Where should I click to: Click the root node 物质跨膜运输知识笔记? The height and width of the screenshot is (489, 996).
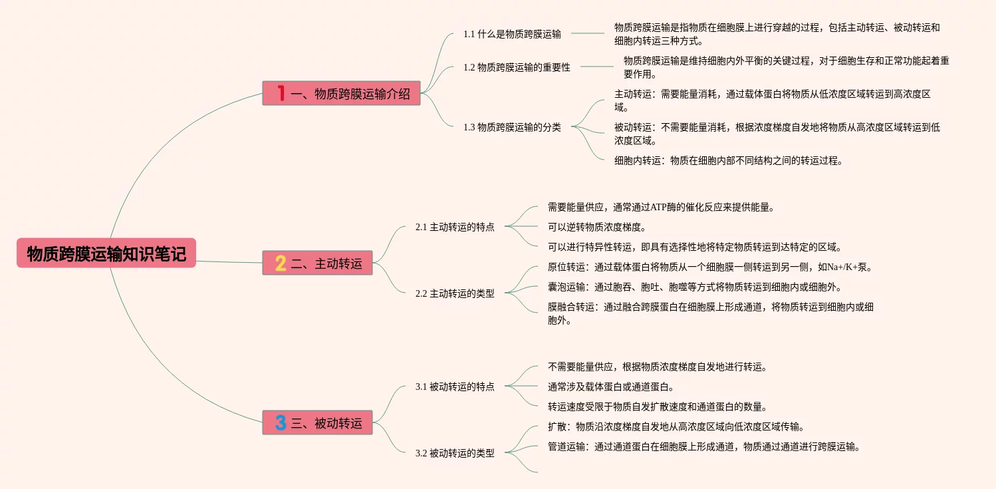(106, 253)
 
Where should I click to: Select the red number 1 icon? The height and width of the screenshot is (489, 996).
(281, 93)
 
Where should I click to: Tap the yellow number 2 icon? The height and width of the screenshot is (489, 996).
(281, 263)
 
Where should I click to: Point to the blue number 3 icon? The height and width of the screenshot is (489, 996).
(281, 422)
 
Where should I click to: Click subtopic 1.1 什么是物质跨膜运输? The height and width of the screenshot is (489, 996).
(512, 34)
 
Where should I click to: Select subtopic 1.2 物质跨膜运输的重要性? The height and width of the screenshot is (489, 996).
(517, 67)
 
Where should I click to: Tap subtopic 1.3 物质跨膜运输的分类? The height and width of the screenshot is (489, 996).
(512, 127)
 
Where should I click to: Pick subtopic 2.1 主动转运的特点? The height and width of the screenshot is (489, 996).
(455, 227)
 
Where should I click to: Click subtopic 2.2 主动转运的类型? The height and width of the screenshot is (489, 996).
(455, 293)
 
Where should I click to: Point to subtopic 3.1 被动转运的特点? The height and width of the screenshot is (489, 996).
(455, 386)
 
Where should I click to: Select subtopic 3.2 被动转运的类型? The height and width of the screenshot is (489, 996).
(455, 453)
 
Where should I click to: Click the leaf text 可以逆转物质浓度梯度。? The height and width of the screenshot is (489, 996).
(592, 227)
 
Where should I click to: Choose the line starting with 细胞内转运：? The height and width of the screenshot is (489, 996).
(728, 160)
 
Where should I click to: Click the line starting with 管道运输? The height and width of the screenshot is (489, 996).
(704, 446)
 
